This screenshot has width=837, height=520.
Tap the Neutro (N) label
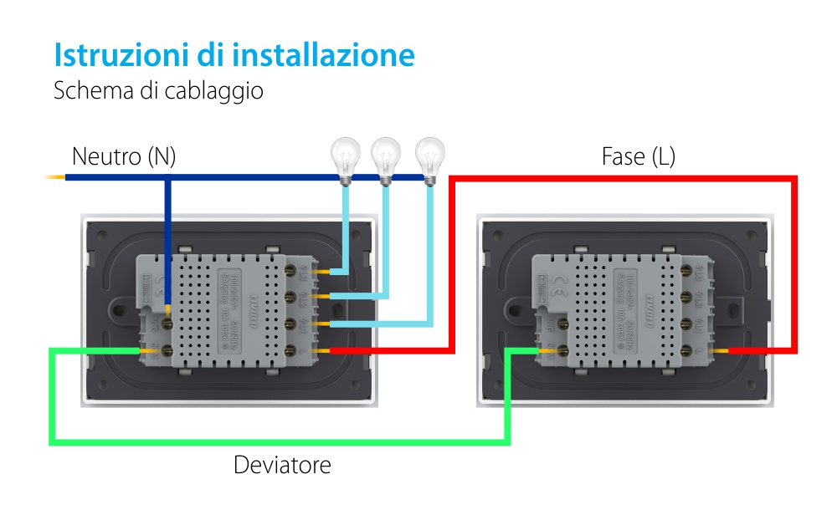pyautogui.click(x=124, y=156)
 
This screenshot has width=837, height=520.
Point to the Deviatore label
pyautogui.click(x=282, y=465)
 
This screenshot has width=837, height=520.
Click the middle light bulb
pyautogui.click(x=386, y=156)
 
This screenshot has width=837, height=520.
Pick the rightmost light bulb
pyautogui.click(x=430, y=156)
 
